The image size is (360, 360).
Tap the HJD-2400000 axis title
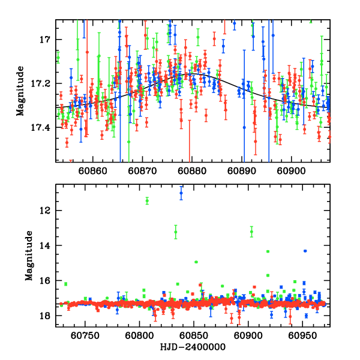click(x=192, y=348)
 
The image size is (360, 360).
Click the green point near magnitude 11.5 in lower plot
click(x=147, y=200)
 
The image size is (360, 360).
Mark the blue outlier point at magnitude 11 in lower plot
click(x=182, y=193)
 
